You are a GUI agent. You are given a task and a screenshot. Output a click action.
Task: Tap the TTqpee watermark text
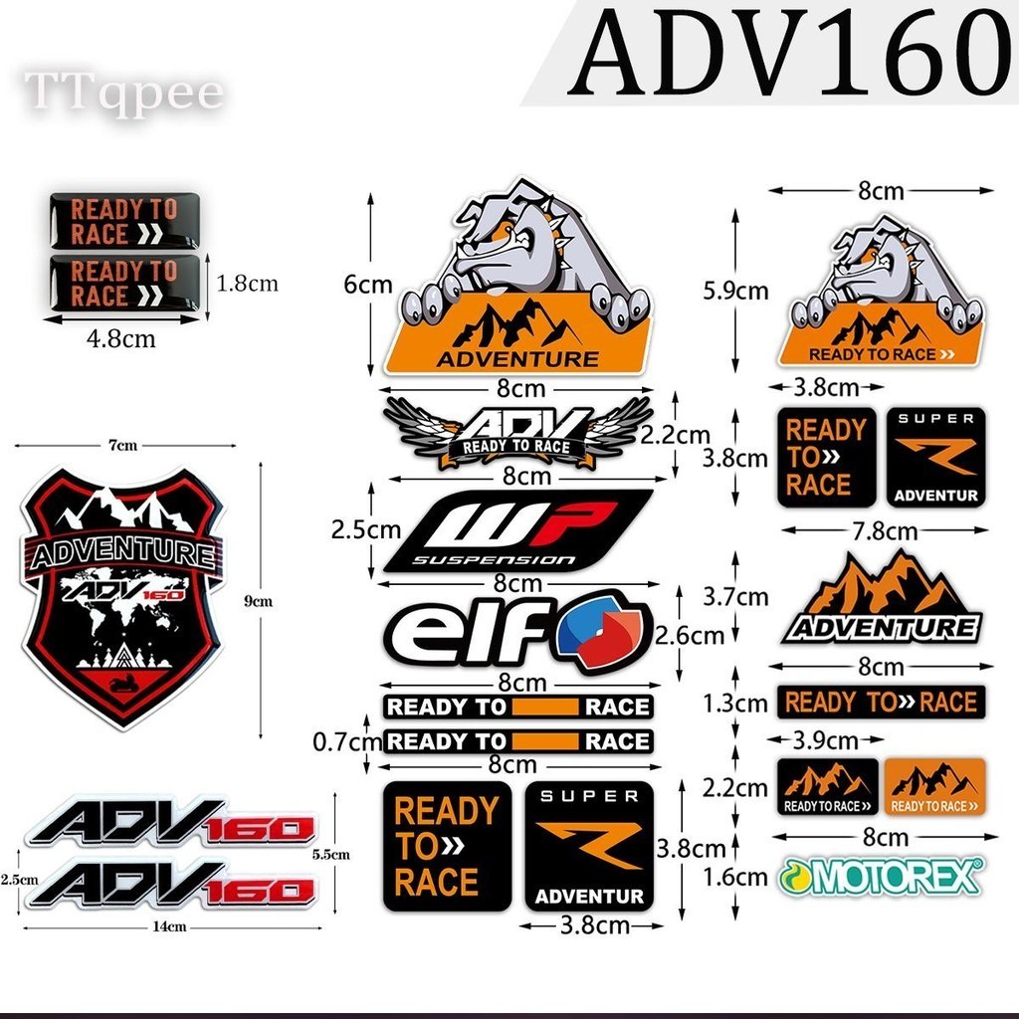click(x=123, y=93)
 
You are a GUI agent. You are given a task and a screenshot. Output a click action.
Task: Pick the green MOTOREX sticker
click(x=881, y=876)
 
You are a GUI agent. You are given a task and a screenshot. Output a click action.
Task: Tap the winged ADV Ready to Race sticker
click(x=517, y=433)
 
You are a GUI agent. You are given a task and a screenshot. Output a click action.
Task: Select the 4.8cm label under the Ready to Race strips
click(x=120, y=338)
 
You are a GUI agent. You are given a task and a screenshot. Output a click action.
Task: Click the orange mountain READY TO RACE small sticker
click(x=933, y=786)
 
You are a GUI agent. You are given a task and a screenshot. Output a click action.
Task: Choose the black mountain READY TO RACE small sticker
click(x=827, y=786)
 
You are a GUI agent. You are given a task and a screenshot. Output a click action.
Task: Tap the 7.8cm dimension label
click(x=880, y=530)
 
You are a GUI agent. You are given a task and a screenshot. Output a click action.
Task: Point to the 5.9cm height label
click(x=734, y=291)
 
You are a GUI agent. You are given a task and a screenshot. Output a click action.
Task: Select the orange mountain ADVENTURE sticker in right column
click(x=882, y=599)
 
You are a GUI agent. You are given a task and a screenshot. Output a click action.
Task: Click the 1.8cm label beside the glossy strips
click(x=247, y=284)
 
